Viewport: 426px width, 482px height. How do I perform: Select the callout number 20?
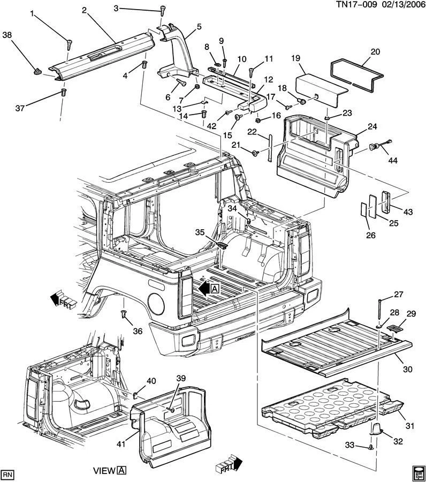(x=375, y=52)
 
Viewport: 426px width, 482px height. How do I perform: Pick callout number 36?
(x=138, y=332)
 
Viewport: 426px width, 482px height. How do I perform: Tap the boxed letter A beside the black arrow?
(x=215, y=289)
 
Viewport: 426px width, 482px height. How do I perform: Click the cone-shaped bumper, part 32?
(x=377, y=428)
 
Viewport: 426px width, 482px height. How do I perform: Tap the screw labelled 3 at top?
(x=162, y=10)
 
